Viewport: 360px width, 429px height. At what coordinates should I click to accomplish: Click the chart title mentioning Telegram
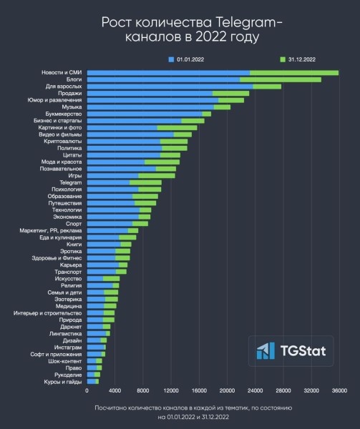pyautogui.click(x=180, y=29)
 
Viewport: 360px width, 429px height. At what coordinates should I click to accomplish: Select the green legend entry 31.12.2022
pyautogui.click(x=298, y=59)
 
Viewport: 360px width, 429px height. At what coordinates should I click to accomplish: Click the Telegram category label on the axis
pyautogui.click(x=69, y=182)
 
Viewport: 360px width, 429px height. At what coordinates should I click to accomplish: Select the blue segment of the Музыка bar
pyautogui.click(x=150, y=107)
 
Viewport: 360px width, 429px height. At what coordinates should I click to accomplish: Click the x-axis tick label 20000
pyautogui.click(x=227, y=391)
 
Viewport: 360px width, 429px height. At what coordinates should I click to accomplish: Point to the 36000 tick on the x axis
pyautogui.click(x=339, y=391)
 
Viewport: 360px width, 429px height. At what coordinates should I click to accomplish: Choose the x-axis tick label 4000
pyautogui.click(x=115, y=391)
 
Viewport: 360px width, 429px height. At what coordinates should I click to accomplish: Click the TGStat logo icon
pyautogui.click(x=266, y=350)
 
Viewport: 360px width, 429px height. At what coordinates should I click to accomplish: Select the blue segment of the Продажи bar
pyautogui.click(x=150, y=93)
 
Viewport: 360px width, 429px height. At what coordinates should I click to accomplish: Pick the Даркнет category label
pyautogui.click(x=70, y=326)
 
